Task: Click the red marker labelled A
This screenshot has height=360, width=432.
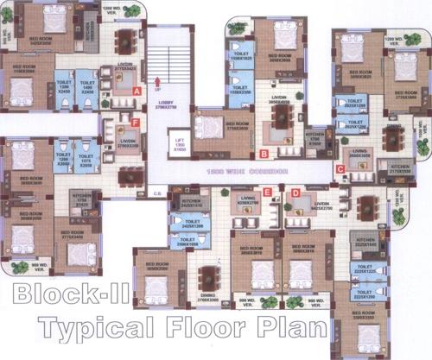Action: pos(137,89)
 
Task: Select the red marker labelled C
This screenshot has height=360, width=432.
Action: pos(340,167)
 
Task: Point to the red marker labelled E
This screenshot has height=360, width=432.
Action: pos(268,192)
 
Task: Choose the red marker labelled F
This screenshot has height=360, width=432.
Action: pos(136,123)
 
